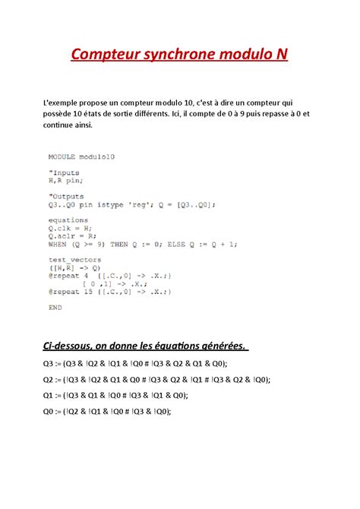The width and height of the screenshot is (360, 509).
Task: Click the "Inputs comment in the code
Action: (x=65, y=172)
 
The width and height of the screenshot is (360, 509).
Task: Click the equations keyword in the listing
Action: (x=68, y=221)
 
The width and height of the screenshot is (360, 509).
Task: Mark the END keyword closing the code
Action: (x=55, y=308)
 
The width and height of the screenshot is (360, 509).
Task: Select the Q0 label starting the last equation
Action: (x=51, y=411)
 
